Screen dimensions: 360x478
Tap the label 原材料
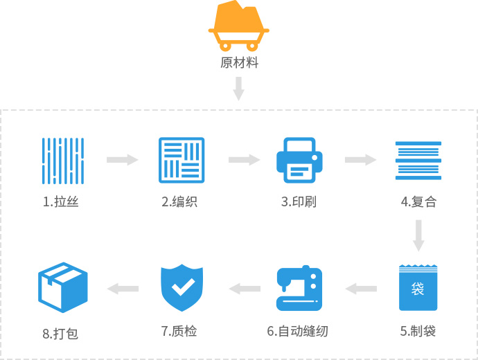point(239,63)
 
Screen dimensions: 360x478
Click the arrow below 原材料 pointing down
point(239,89)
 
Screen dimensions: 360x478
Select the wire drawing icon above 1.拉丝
point(62,160)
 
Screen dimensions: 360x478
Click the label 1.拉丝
point(60,203)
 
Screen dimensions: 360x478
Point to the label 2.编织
point(179,203)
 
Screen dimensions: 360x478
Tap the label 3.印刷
point(299,203)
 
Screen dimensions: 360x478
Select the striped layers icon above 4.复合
point(418,160)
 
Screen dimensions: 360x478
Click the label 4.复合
point(418,203)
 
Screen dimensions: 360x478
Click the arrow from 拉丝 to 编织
point(122,160)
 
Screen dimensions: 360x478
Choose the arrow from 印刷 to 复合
point(360,160)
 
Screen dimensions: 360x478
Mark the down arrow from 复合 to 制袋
point(418,236)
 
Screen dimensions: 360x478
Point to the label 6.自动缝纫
point(297,331)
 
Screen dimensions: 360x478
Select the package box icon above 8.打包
point(62,288)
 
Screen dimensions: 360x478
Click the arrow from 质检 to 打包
point(123,288)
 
